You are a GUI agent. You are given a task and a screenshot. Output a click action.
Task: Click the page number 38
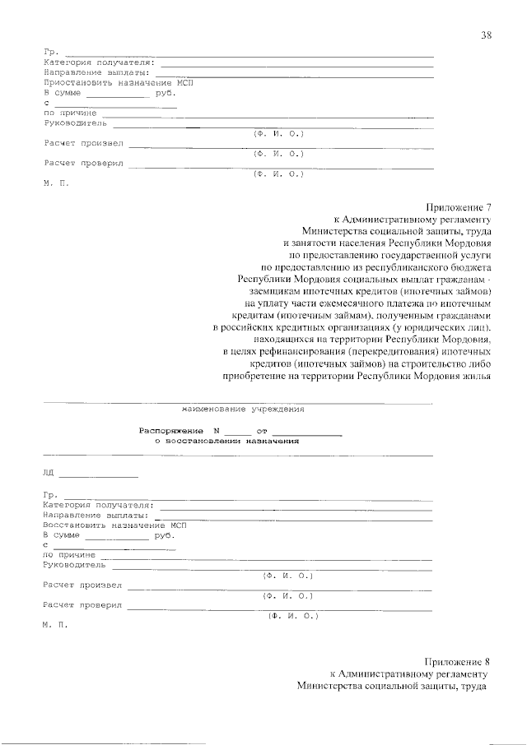[487, 35]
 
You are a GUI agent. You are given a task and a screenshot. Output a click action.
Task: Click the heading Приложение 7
[459, 207]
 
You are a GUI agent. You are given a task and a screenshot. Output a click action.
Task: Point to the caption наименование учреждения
[243, 409]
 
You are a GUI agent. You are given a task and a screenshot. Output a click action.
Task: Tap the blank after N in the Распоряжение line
[236, 431]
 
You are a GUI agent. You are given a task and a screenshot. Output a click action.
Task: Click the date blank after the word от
[306, 431]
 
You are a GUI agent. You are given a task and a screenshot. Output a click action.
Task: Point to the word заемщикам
[275, 291]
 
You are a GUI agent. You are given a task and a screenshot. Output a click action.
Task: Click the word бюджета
[471, 267]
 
